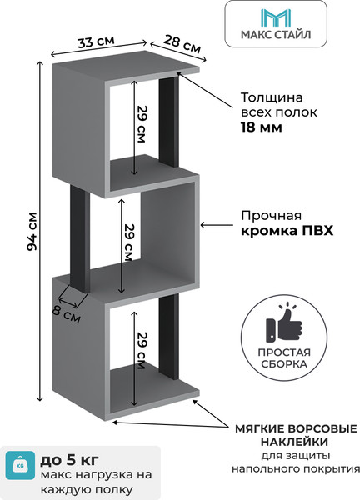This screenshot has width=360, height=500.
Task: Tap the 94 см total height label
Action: (x=32, y=232)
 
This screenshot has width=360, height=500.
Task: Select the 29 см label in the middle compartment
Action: (x=130, y=242)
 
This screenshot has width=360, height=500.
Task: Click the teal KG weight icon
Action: (x=20, y=466)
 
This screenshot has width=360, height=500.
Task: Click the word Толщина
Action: (x=270, y=96)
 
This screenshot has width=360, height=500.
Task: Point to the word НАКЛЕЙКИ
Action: (x=292, y=441)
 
